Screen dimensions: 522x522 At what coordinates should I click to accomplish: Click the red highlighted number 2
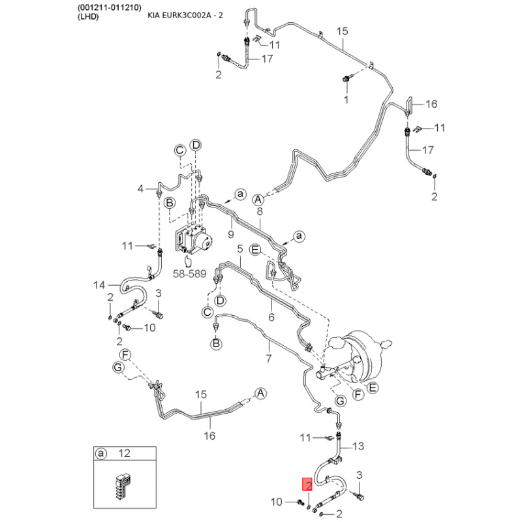point(307,484)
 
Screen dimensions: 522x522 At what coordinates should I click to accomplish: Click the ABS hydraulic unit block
point(193,239)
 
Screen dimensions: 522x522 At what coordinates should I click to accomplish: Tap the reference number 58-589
point(189,273)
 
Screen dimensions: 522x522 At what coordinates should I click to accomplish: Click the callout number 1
point(346,99)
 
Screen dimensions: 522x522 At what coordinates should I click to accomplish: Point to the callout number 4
point(140,189)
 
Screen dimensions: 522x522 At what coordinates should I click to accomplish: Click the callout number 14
point(99,285)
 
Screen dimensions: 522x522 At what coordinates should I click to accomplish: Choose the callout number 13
point(358,446)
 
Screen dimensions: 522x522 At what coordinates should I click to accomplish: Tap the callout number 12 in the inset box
point(124,453)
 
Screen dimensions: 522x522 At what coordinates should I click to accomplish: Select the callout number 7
point(269,358)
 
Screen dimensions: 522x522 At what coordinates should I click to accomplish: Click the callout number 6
point(271,317)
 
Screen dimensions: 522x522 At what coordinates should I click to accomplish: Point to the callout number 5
point(239,249)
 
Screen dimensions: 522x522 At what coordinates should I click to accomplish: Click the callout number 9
point(231,234)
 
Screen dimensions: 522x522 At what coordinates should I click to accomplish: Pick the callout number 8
point(260,211)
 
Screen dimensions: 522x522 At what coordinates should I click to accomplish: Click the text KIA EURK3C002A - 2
point(185,15)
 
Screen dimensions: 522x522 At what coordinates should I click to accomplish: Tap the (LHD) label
point(88,17)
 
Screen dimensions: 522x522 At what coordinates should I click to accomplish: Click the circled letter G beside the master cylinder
point(340,401)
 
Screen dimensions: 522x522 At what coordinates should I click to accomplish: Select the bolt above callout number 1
point(346,79)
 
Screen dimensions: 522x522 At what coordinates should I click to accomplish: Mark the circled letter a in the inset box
point(101,453)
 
